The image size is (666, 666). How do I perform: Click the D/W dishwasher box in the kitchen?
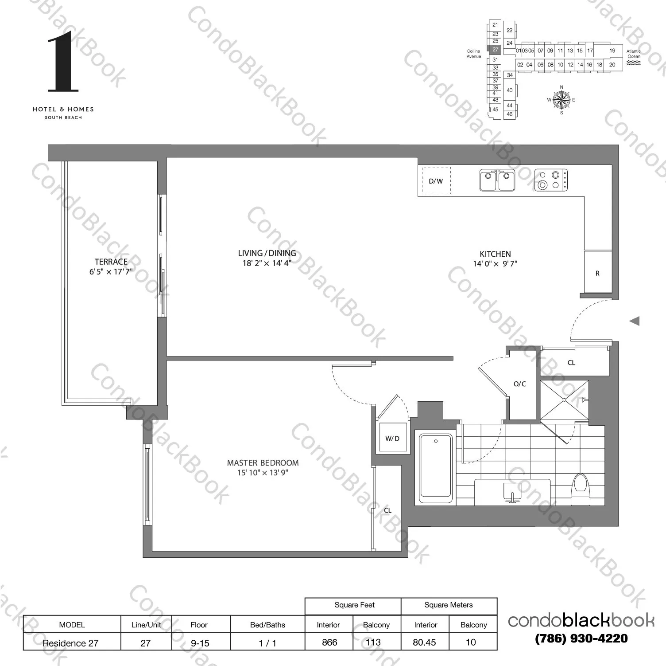pos(436,180)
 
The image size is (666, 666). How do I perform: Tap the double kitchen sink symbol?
pos(497,180)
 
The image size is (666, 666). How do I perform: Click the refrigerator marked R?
pos(597,273)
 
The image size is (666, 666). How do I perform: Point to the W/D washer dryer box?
pos(392,439)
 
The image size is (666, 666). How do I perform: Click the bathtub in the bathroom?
pos(436,466)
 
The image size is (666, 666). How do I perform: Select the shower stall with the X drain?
pos(564,400)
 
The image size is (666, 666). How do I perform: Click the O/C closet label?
pos(520,384)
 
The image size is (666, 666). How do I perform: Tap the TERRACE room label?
pos(111,262)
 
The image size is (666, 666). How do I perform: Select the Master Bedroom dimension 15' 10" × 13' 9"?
pos(263,473)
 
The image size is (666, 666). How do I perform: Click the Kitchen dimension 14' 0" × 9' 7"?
pos(495,264)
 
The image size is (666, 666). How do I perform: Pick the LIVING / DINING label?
pos(267,253)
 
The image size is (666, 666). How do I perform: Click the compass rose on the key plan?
pos(561,99)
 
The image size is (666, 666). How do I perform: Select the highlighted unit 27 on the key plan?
pos(495,50)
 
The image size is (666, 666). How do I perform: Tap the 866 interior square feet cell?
pos(329,642)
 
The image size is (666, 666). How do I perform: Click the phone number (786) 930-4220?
pos(581,639)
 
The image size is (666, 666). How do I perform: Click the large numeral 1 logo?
pos(63,62)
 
